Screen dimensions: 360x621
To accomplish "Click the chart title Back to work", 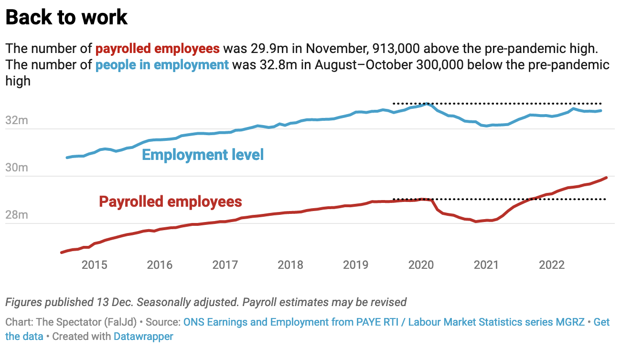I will click(x=66, y=18).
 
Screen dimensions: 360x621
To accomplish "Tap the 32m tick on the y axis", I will click(x=17, y=121).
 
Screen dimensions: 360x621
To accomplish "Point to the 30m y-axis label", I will click(x=17, y=168).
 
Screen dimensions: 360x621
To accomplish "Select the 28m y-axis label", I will click(x=17, y=215).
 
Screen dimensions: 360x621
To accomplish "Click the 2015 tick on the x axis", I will click(x=95, y=265).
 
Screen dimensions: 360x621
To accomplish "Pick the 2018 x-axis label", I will click(x=290, y=265).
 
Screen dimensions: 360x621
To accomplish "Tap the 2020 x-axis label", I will click(x=421, y=265).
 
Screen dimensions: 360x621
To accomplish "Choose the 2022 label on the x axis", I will click(x=552, y=265).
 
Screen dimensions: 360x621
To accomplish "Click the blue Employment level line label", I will click(x=203, y=155).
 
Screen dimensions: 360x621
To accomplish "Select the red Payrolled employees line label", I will click(x=171, y=201).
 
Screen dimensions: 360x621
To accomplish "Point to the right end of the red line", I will click(x=606, y=178).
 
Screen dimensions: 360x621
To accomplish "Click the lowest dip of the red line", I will click(x=476, y=222).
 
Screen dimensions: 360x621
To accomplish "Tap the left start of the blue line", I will click(x=67, y=158).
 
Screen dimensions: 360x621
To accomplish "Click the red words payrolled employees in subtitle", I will click(x=158, y=49).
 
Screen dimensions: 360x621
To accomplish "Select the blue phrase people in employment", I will click(x=162, y=64).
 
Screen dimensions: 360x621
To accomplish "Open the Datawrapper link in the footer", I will click(x=143, y=336).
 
